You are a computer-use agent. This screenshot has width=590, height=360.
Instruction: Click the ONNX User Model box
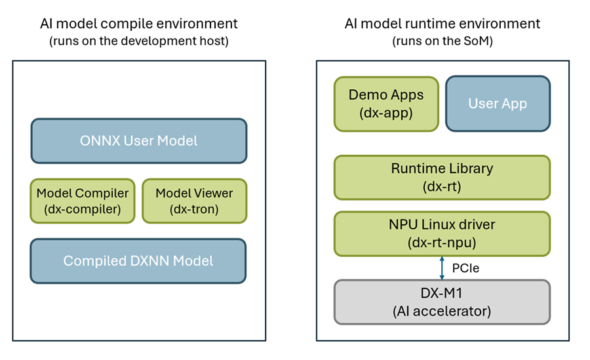click(x=138, y=140)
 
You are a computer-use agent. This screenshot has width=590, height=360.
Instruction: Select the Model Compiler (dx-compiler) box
click(x=83, y=201)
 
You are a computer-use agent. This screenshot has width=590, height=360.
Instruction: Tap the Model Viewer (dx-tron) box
click(x=194, y=201)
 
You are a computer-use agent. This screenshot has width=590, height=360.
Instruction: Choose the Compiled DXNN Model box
click(x=138, y=261)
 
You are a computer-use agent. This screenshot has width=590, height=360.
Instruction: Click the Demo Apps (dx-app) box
click(x=386, y=103)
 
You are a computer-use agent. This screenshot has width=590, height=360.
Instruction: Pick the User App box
click(x=498, y=103)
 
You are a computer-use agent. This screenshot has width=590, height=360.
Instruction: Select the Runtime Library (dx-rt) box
click(x=442, y=177)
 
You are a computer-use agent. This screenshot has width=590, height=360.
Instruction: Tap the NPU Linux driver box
click(x=442, y=233)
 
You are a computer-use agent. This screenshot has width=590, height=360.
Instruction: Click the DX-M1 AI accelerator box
click(x=442, y=302)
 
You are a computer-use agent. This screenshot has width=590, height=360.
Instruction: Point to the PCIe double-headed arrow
click(x=442, y=268)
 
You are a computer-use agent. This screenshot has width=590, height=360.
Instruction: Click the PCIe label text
click(x=464, y=268)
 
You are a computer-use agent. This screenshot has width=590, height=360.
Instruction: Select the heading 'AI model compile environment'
click(x=138, y=24)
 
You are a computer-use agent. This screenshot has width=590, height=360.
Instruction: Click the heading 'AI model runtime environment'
click(x=442, y=24)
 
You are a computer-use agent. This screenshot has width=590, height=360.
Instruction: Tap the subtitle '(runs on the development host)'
click(x=138, y=41)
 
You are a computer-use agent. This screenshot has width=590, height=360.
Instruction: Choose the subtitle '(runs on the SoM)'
click(x=442, y=41)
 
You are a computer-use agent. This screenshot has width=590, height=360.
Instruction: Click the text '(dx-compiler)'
click(x=83, y=209)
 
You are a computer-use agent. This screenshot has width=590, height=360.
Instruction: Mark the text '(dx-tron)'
click(x=194, y=209)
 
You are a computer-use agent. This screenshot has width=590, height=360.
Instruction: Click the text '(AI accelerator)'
click(x=442, y=311)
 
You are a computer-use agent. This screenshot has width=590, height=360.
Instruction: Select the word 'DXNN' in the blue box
click(x=138, y=261)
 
